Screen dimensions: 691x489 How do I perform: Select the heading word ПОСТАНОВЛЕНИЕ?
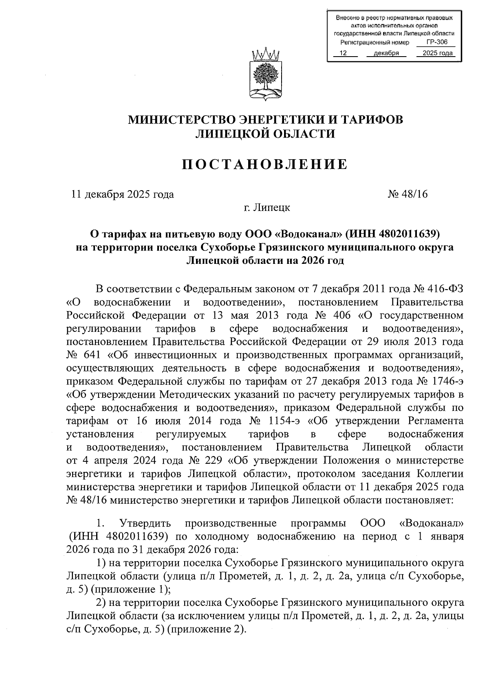click(265, 165)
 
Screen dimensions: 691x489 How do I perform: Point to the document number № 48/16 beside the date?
click(408, 194)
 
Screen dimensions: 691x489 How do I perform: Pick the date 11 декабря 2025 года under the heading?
click(123, 194)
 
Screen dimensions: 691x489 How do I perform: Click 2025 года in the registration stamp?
click(438, 53)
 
